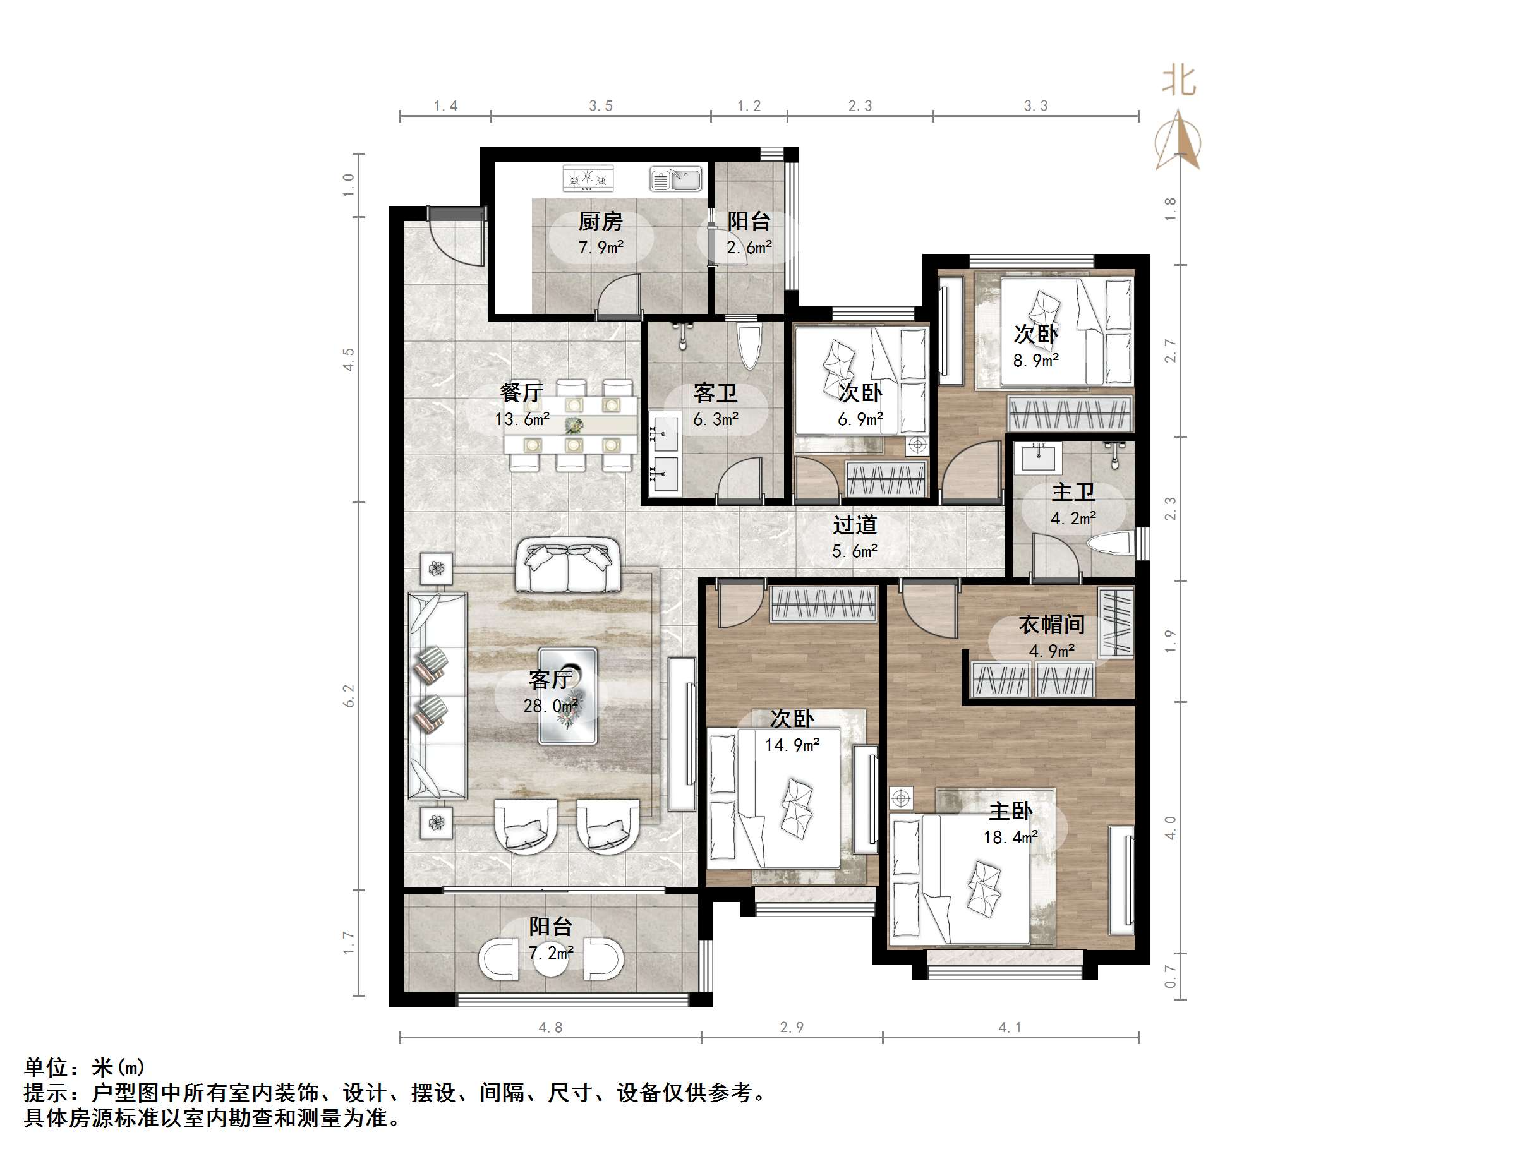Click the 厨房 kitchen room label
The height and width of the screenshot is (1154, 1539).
(x=600, y=221)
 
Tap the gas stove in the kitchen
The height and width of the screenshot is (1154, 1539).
(x=588, y=179)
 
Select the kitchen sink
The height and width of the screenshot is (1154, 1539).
(x=675, y=179)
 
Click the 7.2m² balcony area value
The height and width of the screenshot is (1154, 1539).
(x=550, y=953)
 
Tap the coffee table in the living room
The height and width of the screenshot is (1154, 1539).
(x=569, y=696)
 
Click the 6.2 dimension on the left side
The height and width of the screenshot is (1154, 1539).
(x=349, y=695)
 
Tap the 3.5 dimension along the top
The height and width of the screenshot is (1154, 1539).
(x=600, y=105)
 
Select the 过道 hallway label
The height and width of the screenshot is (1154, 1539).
(x=854, y=524)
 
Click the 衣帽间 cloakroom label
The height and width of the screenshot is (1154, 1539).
(x=1051, y=625)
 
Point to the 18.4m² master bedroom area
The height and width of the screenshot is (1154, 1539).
(x=1010, y=838)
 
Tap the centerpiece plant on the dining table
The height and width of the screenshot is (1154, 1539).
(x=573, y=425)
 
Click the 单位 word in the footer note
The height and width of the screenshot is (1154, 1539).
(x=47, y=1067)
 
